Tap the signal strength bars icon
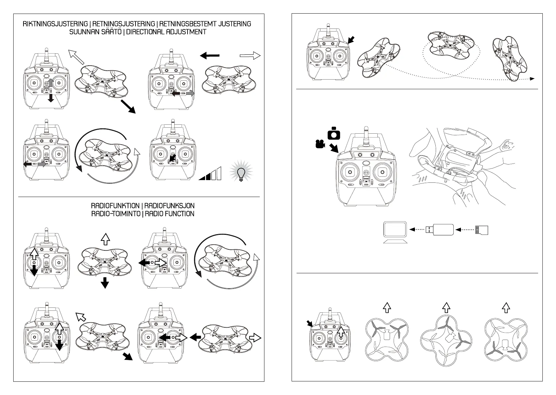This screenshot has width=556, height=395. [210, 174]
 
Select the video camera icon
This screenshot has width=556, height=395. [319, 144]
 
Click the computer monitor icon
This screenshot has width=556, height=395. [395, 231]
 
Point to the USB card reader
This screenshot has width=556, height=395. [438, 229]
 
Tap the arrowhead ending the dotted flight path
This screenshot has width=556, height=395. [532, 79]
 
